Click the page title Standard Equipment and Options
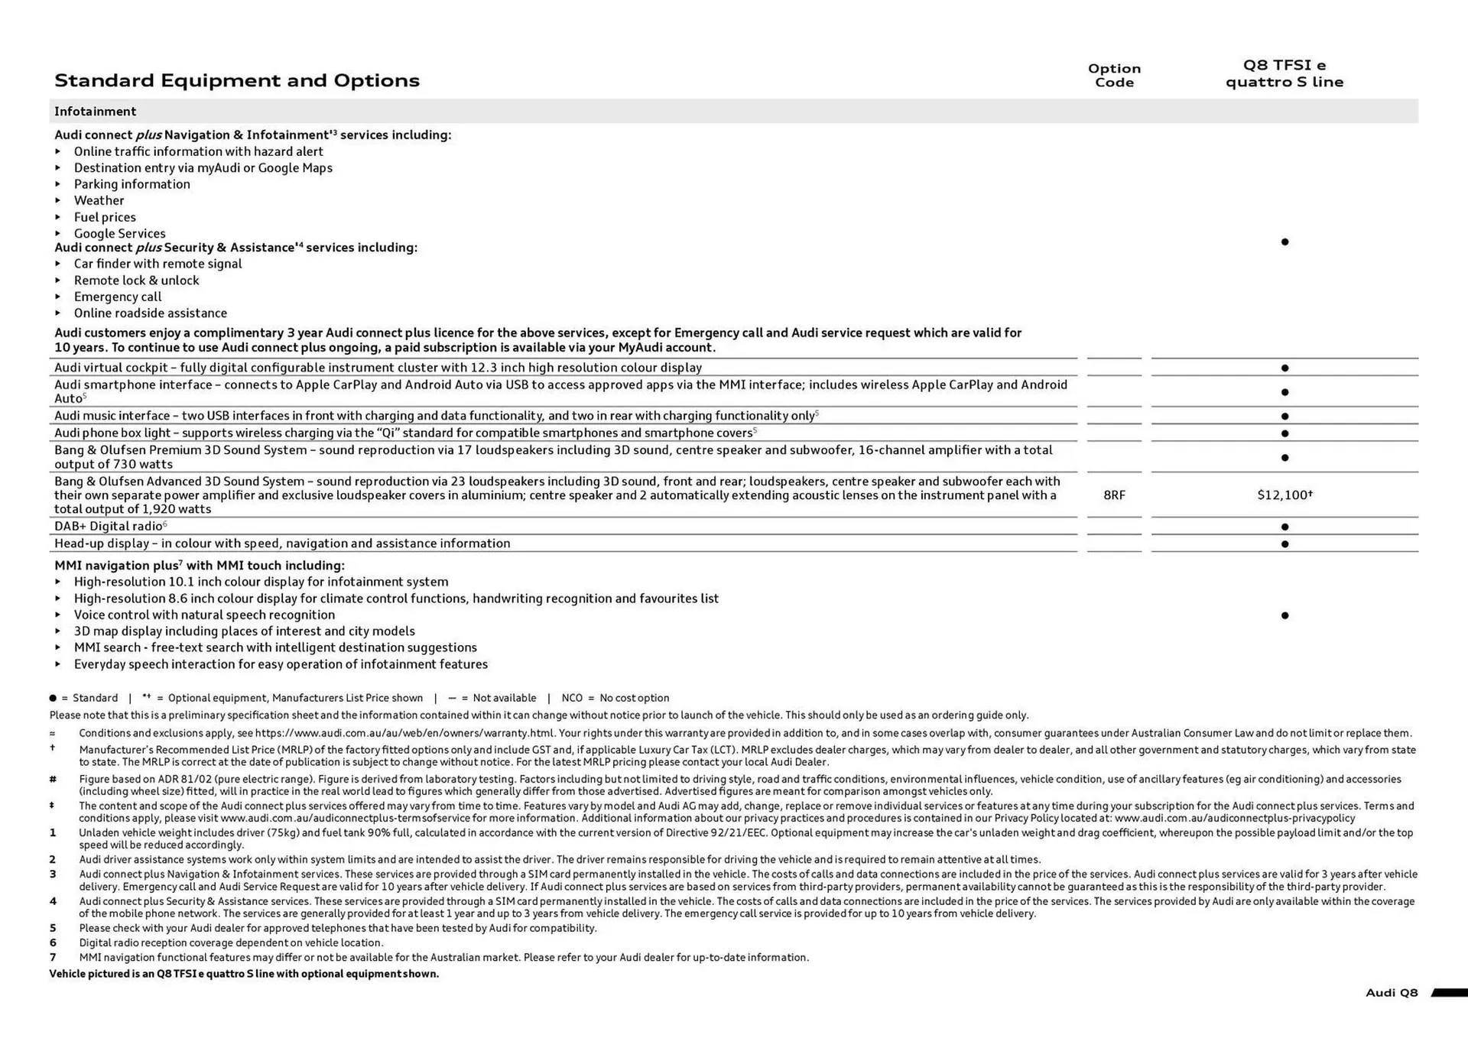point(237,80)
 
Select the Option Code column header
point(1114,75)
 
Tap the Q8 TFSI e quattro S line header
point(1284,73)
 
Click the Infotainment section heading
point(95,112)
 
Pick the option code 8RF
point(1114,495)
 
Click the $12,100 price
point(1284,495)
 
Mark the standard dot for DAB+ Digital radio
point(1284,527)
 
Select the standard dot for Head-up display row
point(1284,544)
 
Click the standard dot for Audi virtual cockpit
point(1284,368)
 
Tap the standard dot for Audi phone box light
point(1284,433)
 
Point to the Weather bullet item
point(99,200)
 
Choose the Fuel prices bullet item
point(105,217)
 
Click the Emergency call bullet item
point(118,297)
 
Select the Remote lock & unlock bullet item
point(136,281)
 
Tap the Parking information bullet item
point(132,184)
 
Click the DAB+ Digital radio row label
point(109,527)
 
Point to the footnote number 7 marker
point(53,957)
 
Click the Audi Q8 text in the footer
point(1391,993)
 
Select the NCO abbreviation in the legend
point(572,698)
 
